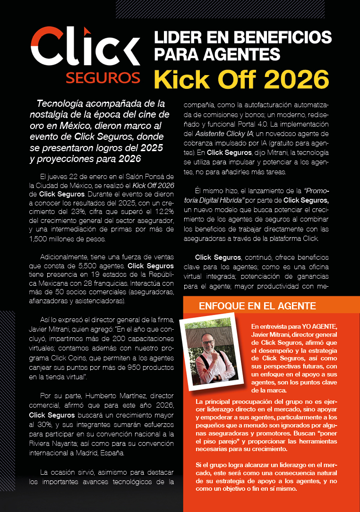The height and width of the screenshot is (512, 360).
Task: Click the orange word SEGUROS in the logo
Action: click(x=103, y=77)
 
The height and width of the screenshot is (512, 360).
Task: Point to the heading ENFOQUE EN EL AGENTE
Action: click(x=257, y=306)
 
